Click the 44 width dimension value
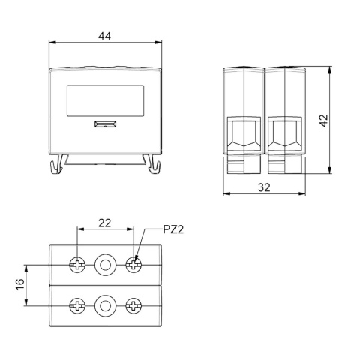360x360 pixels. click(104, 37)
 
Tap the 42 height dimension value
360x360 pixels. click(324, 121)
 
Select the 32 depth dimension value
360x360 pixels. click(264, 187)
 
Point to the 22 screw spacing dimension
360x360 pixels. click(104, 223)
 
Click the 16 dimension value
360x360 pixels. click(20, 284)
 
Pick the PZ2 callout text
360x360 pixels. click(173, 229)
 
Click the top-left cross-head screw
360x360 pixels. click(77, 265)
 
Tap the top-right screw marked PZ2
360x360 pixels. click(133, 265)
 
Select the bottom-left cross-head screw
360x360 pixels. click(77, 305)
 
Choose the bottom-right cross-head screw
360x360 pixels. click(133, 305)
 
